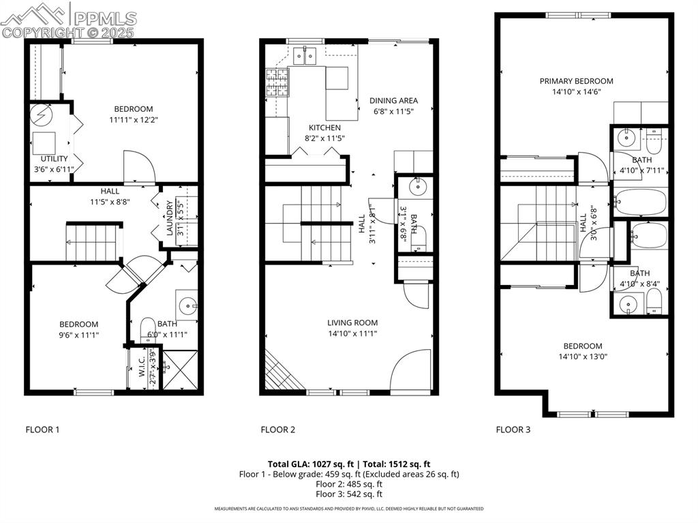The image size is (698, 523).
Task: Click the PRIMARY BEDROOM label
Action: pos(576,81)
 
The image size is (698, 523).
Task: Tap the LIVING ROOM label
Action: pos(352,323)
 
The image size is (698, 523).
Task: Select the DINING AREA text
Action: pos(393,100)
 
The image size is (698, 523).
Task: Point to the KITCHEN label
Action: pos(324,128)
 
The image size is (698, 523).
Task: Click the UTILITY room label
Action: pos(44,158)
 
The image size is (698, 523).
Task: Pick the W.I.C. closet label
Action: pos(142,369)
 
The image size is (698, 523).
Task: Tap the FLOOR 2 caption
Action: pos(277,430)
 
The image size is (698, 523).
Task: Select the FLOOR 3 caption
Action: pos(513,430)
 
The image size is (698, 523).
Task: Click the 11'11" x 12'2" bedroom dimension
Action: pos(133,120)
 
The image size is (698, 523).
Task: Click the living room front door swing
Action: pos(411,372)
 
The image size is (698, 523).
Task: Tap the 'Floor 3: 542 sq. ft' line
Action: pos(348,494)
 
